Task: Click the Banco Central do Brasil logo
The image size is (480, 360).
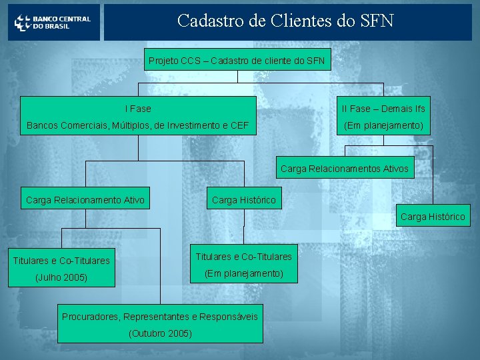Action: [x=53, y=23]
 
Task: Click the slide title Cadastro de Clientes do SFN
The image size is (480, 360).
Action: [x=285, y=21]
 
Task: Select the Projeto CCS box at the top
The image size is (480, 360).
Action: [x=237, y=61]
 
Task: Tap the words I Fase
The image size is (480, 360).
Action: [x=138, y=108]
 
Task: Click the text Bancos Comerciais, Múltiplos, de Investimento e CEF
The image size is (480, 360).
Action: [x=137, y=125]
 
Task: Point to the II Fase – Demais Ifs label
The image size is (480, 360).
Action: [x=383, y=108]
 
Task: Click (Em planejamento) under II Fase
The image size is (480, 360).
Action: [x=383, y=125]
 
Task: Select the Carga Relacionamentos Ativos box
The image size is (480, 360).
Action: [x=345, y=169]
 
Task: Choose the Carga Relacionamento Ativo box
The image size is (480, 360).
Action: [x=85, y=199]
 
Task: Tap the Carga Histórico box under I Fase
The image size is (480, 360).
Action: [x=243, y=199]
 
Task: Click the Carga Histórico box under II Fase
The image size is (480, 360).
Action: [x=433, y=217]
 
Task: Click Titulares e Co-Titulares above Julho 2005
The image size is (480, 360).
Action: [x=62, y=260]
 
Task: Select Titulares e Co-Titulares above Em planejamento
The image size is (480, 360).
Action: [x=243, y=256]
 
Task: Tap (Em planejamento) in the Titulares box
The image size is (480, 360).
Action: [x=243, y=273]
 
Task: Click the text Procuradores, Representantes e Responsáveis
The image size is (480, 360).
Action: [x=160, y=316]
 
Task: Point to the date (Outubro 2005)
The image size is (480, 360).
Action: [x=160, y=333]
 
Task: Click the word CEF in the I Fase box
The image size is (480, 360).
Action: [x=240, y=125]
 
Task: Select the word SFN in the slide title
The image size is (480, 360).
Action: [x=377, y=21]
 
